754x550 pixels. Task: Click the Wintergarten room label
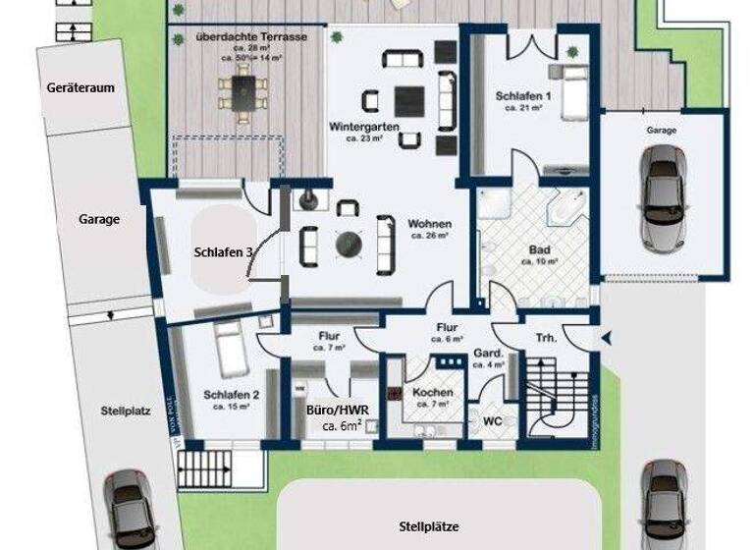[362, 127]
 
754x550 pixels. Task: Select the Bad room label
[539, 249]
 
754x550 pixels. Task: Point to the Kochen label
[432, 392]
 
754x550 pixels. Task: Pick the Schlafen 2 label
[232, 396]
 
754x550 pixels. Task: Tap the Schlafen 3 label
[224, 252]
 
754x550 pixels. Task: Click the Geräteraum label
[81, 87]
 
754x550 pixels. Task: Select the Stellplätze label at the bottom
[428, 526]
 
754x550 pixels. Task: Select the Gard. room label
[488, 353]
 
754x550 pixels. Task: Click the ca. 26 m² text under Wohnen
[430, 237]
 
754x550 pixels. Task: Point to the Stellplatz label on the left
[125, 412]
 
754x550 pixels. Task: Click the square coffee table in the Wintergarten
[409, 100]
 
